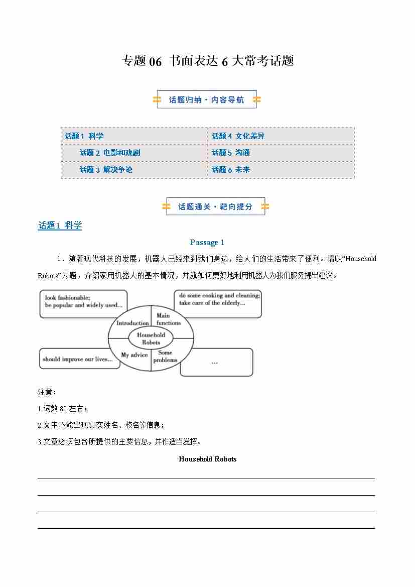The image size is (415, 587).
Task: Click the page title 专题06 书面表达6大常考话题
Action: [207, 61]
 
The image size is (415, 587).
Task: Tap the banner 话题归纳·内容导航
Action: [206, 100]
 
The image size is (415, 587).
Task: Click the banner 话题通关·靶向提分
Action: [215, 206]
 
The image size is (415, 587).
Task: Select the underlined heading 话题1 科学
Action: [60, 225]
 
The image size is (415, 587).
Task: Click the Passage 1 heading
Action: [207, 243]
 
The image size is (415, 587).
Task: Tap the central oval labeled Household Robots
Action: [151, 338]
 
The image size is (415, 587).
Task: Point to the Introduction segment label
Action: [132, 323]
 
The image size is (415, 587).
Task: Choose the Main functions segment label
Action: [168, 319]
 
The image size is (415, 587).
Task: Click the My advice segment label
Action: [134, 355]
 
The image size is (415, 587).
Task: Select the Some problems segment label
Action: [166, 356]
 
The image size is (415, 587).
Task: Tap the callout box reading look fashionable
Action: [83, 303]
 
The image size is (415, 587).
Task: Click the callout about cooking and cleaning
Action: [218, 303]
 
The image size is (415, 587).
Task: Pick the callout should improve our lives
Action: [79, 359]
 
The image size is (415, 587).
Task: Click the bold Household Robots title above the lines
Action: [207, 459]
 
